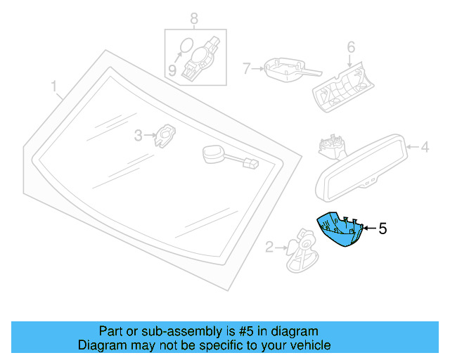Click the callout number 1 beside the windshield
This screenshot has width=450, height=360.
tap(53, 87)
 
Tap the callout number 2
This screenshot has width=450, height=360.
tap(269, 246)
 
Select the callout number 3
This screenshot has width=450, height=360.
tap(139, 135)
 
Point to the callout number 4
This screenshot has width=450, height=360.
tap(424, 148)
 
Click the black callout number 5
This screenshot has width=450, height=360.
tap(382, 229)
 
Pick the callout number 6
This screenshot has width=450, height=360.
tap(351, 48)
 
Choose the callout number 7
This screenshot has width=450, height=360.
tap(246, 69)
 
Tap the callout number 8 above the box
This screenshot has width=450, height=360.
tap(194, 18)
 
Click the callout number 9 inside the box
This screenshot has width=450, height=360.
tap(172, 70)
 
